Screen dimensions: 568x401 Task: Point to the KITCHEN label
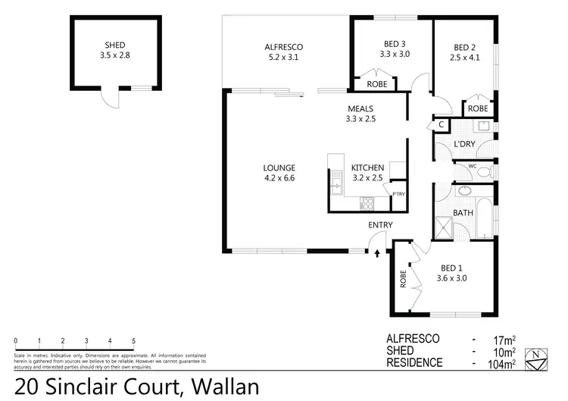point(368,168)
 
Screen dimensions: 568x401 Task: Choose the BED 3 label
point(394,43)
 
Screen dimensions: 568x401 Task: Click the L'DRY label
point(463,144)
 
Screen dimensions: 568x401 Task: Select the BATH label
point(463,213)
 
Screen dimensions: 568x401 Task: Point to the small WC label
point(472,165)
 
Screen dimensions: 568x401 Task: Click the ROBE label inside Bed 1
point(404,279)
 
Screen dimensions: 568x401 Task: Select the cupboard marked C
point(441,124)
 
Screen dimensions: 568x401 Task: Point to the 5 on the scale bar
point(133,340)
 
